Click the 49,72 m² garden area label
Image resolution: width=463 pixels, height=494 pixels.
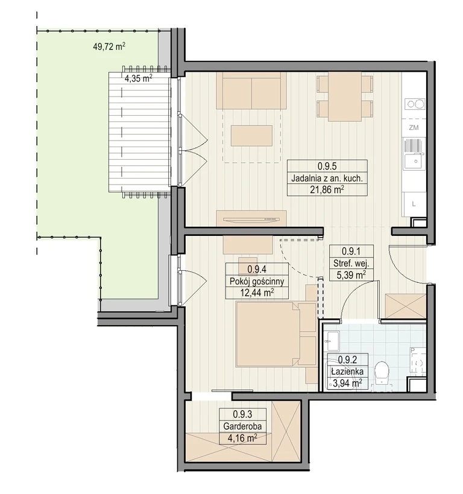pos(109,47)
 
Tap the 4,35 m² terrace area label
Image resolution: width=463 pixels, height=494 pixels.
pos(138,78)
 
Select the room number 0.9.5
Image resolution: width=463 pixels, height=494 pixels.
pos(327,166)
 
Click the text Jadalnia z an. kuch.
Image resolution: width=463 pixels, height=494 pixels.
pos(327,179)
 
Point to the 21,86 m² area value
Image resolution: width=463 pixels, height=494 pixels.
pos(327,189)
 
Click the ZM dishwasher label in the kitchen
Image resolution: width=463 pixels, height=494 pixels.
pos(414,128)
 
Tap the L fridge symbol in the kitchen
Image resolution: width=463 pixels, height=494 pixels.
pos(414,204)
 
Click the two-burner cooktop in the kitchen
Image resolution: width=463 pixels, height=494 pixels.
pos(415,104)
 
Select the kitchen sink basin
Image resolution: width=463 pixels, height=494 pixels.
pos(415,161)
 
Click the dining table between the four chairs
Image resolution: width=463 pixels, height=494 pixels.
pos(345,97)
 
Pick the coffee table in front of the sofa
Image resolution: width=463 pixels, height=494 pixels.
pos(251,136)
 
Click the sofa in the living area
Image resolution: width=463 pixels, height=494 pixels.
pos(251,90)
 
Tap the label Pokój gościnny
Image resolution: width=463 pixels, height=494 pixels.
pos(257,281)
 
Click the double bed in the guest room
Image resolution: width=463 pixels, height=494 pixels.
pos(276,334)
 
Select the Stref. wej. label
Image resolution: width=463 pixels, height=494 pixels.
pos(351,263)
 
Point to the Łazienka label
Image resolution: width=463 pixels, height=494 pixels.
pos(347,372)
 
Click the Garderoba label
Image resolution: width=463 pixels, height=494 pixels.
pos(242,426)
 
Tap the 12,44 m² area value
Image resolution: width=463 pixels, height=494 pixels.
pos(257,293)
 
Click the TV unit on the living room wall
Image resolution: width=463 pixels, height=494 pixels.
pos(251,218)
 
